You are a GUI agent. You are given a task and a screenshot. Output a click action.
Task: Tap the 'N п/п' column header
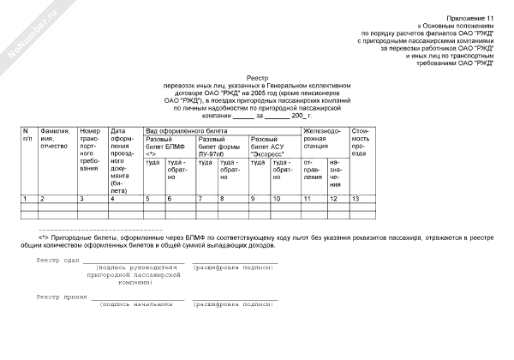27,134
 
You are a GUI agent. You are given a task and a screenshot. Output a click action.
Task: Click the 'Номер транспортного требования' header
91,149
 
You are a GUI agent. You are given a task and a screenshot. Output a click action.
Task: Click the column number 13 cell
356,199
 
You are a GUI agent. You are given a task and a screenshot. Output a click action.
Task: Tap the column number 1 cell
26,199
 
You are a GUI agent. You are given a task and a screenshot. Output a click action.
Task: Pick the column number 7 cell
200,199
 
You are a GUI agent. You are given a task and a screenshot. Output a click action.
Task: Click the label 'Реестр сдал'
57,260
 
